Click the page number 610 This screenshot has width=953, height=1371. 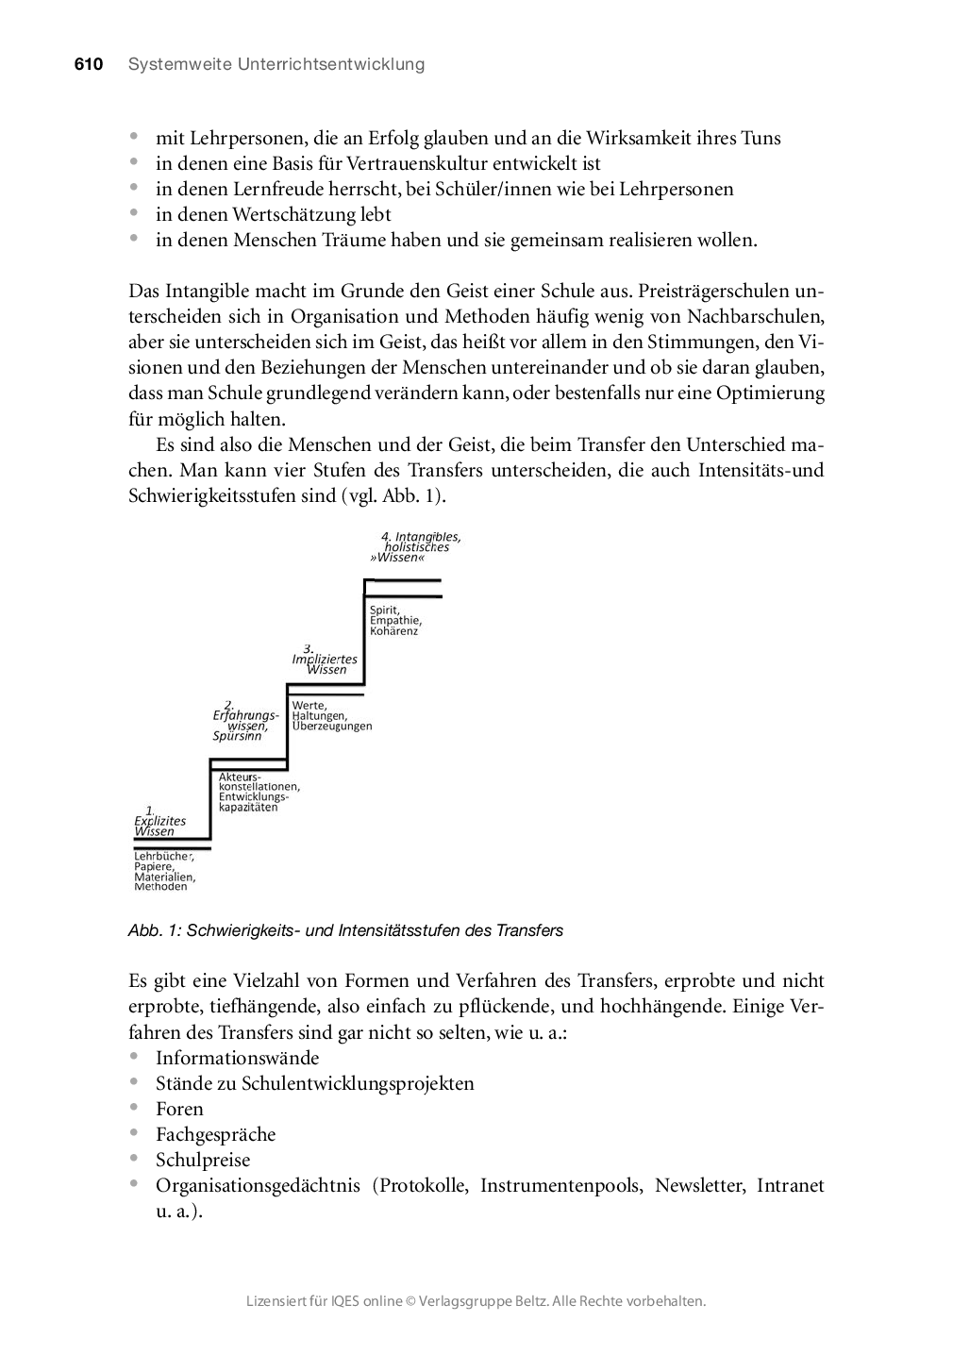click(x=88, y=64)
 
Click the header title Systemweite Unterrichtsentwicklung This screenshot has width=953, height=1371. click(x=276, y=64)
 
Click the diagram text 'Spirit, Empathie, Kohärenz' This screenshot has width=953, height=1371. click(x=395, y=620)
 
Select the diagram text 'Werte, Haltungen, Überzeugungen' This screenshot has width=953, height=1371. click(x=331, y=716)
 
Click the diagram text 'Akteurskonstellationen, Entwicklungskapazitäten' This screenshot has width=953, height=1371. click(x=259, y=792)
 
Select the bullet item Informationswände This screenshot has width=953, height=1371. click(x=237, y=1058)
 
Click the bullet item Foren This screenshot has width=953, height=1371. click(x=179, y=1109)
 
